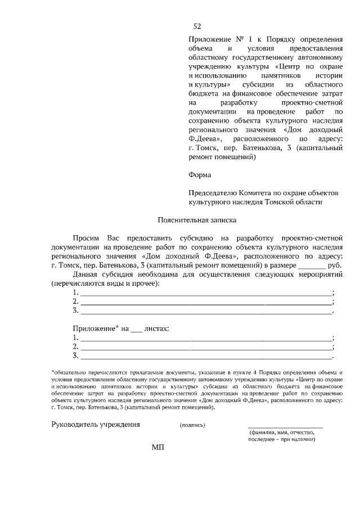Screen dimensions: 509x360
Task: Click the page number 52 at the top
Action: pyautogui.click(x=197, y=26)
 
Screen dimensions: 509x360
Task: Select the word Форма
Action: pyautogui.click(x=199, y=174)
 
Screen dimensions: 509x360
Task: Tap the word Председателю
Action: pyautogui.click(x=209, y=192)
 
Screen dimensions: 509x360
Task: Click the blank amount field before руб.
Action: pyautogui.click(x=311, y=264)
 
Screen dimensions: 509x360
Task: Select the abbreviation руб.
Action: pyautogui.click(x=334, y=264)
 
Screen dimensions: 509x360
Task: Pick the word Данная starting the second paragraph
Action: pyautogui.click(x=85, y=274)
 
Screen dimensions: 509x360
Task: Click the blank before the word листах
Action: pyautogui.click(x=137, y=328)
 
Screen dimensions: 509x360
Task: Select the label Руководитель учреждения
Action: pyautogui.click(x=95, y=424)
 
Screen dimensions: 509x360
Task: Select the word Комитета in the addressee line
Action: pyautogui.click(x=251, y=192)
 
